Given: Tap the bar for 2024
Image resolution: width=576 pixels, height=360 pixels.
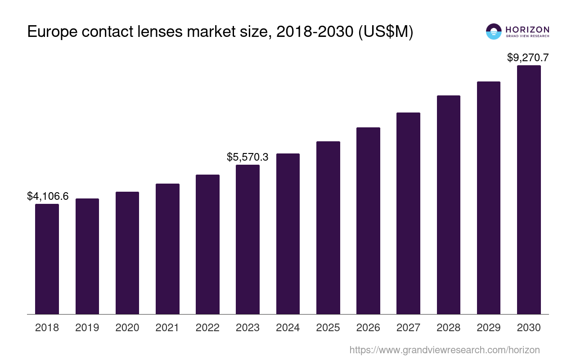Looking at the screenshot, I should coord(288,234).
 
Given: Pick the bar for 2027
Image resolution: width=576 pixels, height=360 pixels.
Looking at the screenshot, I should coord(408,213).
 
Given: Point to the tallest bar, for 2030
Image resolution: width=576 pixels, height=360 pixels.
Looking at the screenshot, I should coord(529,189).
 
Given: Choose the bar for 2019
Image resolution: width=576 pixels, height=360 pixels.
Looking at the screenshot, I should coord(87,256).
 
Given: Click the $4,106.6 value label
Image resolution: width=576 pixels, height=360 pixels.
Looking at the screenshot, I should coord(48,196).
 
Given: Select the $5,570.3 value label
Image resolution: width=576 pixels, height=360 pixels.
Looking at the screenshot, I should coord(247,157).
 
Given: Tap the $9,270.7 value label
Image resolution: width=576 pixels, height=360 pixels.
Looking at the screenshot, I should coord(528,58).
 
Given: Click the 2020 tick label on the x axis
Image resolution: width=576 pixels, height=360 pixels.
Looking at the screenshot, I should coord(127,328).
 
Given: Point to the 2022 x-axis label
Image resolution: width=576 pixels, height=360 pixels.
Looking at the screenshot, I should coord(207,328).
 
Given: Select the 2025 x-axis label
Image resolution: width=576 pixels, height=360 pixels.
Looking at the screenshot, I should coord(328,328).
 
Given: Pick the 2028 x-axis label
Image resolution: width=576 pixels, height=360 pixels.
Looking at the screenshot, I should coord(449,328).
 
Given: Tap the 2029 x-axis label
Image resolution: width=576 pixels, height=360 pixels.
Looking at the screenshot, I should coord(489,328).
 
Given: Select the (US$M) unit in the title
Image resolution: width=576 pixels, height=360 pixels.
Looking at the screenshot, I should coord(386,32).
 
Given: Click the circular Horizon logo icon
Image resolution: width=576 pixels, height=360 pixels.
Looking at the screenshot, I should coord(494,31).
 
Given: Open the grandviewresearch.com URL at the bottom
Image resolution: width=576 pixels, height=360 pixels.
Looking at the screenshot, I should coord(445,350).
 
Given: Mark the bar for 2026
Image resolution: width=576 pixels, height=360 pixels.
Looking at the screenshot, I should coord(368,220).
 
